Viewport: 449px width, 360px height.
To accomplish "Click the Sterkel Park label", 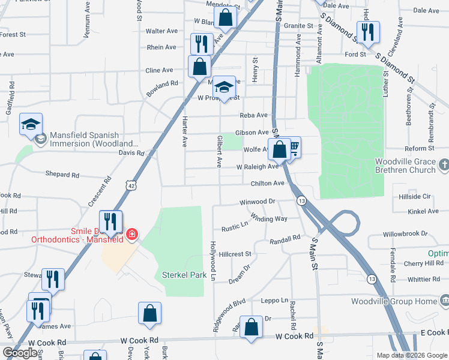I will [184, 275].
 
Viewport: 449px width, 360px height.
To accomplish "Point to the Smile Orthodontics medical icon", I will [132, 234].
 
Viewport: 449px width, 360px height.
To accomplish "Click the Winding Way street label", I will [269, 218].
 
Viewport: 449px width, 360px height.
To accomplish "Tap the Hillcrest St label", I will [235, 254].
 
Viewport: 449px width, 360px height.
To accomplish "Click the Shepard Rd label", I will [62, 175].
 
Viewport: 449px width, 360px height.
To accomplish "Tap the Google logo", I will [20, 353].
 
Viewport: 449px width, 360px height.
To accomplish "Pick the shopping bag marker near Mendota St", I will [226, 19].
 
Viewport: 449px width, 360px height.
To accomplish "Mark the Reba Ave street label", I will [253, 115].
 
